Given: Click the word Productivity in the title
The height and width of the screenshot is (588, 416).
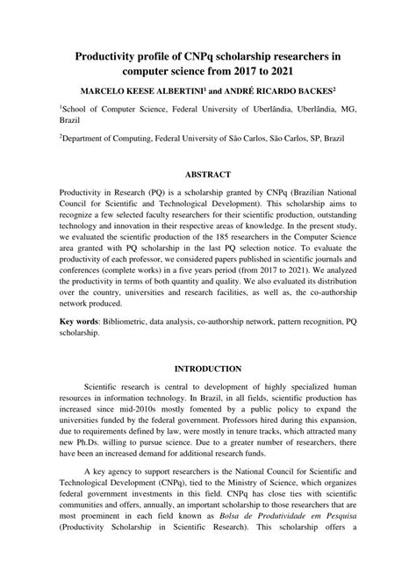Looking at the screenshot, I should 112,57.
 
